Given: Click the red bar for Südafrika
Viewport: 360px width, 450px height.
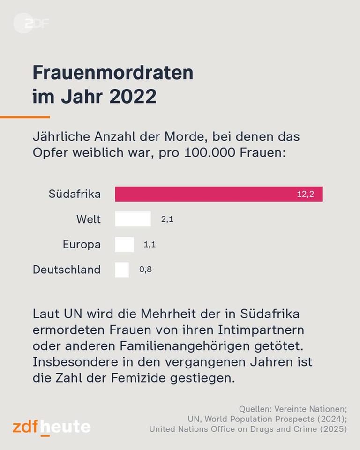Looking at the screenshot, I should coord(206,194).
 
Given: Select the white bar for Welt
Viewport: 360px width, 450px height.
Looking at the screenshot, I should coord(133,219).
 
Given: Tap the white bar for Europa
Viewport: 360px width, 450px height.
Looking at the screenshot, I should coord(124,244).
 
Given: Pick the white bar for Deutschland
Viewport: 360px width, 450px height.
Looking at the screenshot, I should coord(122,270).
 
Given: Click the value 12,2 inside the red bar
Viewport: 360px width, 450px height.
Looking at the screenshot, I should coord(305,194).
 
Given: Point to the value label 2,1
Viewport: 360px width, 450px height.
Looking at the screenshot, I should coord(167,219).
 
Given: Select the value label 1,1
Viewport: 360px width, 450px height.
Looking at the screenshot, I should coord(150,244).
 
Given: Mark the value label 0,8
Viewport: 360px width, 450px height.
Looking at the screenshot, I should coord(145,270).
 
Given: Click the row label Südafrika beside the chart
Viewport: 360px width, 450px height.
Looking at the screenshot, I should coord(75,194).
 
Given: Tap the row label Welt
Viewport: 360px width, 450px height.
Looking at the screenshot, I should coord(88,219).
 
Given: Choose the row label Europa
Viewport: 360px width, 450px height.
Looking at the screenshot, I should coord(82,244).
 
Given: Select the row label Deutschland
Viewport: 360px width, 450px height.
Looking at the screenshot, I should coord(67,270).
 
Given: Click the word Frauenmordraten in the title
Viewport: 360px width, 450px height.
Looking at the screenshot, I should coord(112,73).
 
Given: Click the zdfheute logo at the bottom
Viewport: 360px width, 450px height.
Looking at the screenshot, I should coord(52,427).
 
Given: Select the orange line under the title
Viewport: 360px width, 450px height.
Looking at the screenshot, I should coord(24,117).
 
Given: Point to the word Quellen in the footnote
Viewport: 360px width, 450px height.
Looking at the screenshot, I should coord(256,409).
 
